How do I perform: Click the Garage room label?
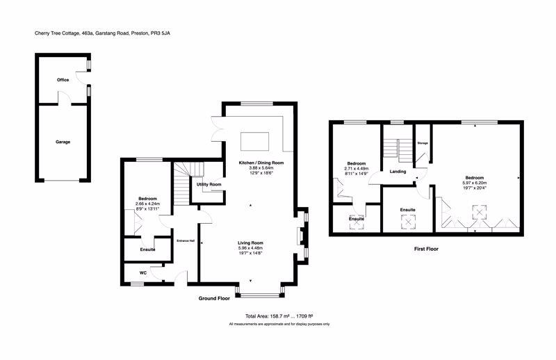(63, 142)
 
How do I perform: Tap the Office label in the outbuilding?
(63, 80)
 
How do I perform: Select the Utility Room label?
(209, 184)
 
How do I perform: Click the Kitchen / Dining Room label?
(261, 162)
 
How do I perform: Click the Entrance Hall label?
(186, 240)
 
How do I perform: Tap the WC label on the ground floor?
(142, 273)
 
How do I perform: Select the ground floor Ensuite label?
(147, 249)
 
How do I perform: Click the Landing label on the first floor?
(398, 171)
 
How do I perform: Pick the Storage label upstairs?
(423, 143)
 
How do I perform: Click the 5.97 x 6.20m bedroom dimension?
(475, 182)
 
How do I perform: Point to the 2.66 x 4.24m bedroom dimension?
(147, 204)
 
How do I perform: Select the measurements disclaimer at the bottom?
(278, 325)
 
